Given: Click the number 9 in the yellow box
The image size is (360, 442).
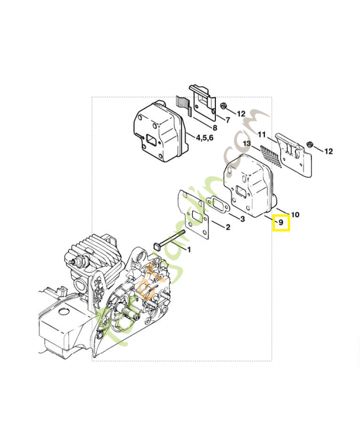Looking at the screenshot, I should [280, 223].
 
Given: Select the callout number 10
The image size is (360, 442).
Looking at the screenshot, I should [295, 214].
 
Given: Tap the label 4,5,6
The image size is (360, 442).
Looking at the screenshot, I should [204, 138].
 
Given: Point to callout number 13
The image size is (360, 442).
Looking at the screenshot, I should [246, 143].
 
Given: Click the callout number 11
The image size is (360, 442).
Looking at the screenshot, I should [262, 134].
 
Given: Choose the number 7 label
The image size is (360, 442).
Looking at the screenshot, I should [227, 119].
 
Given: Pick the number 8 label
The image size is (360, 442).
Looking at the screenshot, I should [215, 128].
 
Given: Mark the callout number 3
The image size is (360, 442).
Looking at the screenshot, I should [242, 219].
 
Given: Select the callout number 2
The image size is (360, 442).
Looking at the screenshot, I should [228, 227].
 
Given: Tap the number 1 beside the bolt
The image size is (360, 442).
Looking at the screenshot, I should [189, 250].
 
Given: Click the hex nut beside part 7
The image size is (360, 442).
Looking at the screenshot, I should [223, 106].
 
